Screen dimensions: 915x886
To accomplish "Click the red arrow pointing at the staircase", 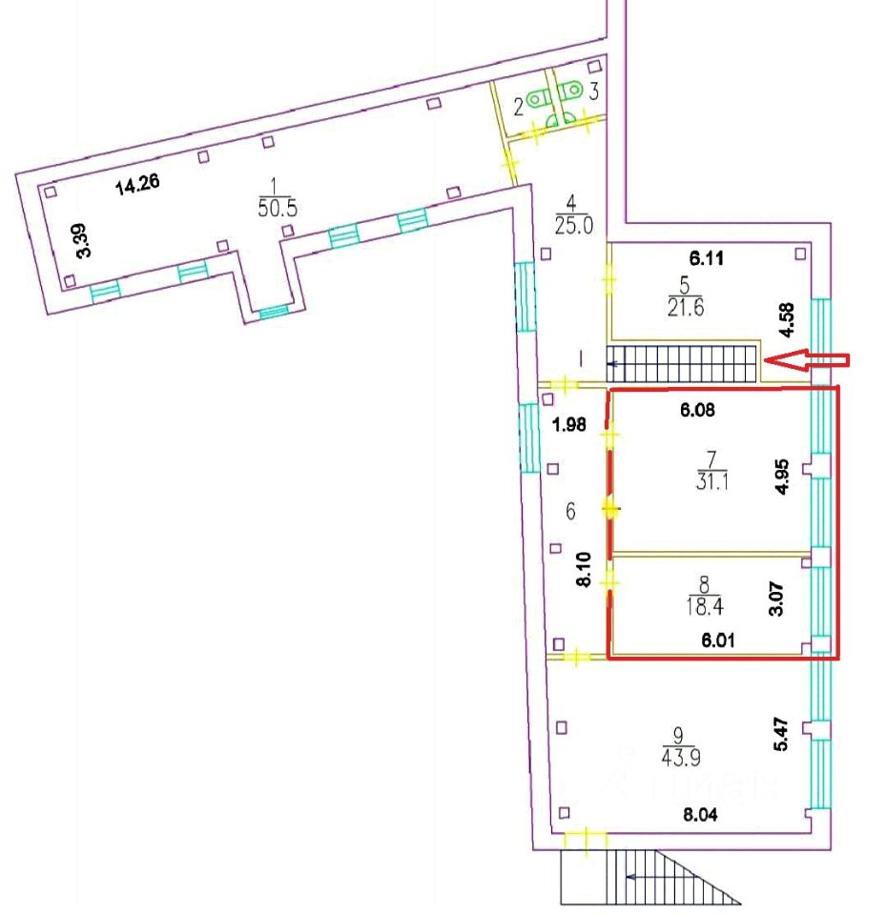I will (808, 360).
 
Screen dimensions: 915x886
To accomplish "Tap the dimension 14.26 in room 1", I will (136, 186).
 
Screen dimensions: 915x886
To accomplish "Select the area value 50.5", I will (278, 209).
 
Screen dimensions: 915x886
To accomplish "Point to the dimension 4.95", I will (782, 475).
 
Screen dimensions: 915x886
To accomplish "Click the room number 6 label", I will (569, 512).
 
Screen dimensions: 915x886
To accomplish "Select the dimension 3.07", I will (776, 598).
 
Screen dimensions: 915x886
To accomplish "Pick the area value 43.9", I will (677, 757).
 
